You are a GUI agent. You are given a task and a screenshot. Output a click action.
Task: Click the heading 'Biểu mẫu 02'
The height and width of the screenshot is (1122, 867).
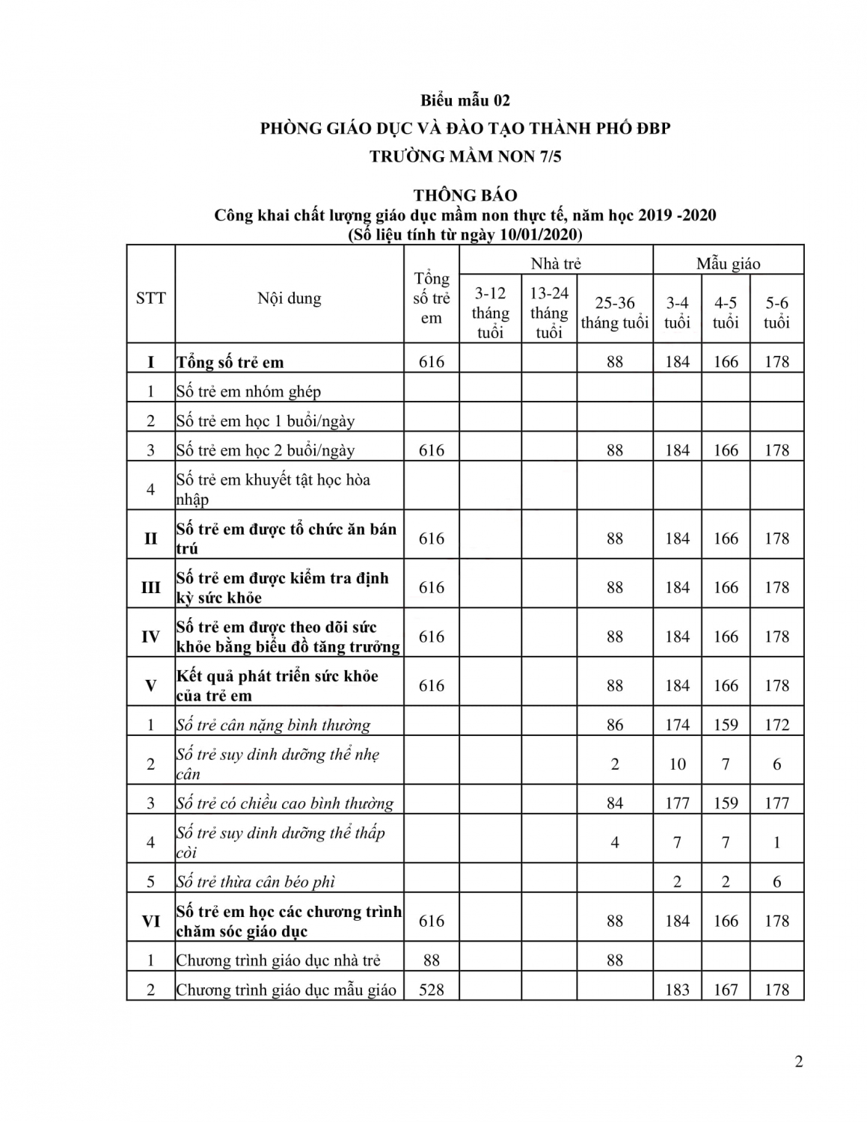(465, 100)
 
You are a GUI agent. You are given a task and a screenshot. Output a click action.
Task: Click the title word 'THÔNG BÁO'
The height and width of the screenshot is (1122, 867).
(465, 195)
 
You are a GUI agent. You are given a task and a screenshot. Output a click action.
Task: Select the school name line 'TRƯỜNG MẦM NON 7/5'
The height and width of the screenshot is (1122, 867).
(465, 156)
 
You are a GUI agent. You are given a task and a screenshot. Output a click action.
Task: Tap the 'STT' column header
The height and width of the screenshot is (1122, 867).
(150, 298)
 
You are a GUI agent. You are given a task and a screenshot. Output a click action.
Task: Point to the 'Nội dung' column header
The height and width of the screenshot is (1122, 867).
(289, 298)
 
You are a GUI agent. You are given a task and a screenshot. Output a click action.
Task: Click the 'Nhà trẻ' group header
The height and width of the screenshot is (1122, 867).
(556, 263)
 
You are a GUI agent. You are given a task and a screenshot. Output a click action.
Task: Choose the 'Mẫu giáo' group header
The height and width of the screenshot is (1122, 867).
(728, 263)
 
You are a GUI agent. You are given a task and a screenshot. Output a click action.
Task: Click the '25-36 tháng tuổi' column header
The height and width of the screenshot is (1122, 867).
(615, 313)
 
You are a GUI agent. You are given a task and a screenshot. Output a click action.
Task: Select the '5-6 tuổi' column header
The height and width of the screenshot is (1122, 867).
(776, 313)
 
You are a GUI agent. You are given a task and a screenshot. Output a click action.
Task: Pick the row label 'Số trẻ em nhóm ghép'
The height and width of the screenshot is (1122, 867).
(248, 391)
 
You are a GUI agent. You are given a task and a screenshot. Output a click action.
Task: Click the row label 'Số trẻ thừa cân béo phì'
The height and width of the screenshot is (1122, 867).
(255, 882)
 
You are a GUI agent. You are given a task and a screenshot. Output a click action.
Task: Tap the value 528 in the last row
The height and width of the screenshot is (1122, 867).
(432, 990)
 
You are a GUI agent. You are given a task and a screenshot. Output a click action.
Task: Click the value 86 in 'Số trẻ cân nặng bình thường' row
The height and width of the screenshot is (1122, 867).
(615, 725)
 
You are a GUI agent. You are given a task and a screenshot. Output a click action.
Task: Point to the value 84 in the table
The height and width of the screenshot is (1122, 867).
(615, 803)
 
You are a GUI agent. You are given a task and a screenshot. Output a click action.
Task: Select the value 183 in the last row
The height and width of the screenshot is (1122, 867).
(677, 990)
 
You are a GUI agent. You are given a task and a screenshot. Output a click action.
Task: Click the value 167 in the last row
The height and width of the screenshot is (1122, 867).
(726, 990)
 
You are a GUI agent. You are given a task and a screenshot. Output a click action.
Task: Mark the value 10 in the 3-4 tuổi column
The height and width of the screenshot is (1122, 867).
(677, 764)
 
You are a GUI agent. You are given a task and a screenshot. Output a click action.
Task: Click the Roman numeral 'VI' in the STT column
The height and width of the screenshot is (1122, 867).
(150, 921)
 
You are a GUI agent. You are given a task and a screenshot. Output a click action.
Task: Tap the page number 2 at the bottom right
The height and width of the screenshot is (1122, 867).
(799, 1062)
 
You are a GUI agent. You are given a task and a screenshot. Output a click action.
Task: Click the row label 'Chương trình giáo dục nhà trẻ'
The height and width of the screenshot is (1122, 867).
(278, 960)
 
